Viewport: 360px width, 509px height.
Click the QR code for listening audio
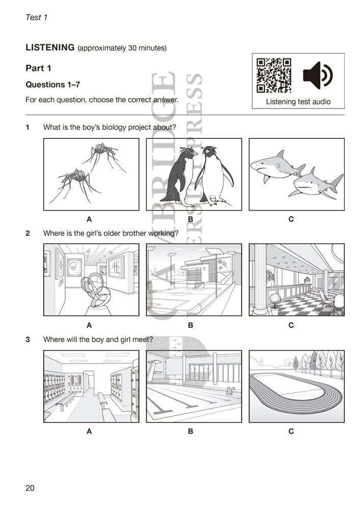pyautogui.click(x=273, y=76)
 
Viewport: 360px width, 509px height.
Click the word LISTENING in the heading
pyautogui.click(x=50, y=48)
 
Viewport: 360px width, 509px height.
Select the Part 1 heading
pyautogui.click(x=39, y=68)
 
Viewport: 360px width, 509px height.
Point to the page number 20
pyautogui.click(x=30, y=488)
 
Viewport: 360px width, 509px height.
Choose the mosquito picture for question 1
pyautogui.click(x=91, y=174)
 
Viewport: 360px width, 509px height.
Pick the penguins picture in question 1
pyautogui.click(x=193, y=174)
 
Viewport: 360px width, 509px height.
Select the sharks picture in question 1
pyautogui.click(x=296, y=174)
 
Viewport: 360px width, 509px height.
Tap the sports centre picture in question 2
pyautogui.click(x=193, y=279)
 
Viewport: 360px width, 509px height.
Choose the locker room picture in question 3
pyautogui.click(x=91, y=386)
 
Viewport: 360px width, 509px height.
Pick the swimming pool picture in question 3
pyautogui.click(x=193, y=386)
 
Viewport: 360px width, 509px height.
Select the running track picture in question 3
pyautogui.click(x=296, y=386)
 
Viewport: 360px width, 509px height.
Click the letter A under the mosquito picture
pyautogui.click(x=89, y=219)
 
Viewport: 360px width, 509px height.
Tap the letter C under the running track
pyautogui.click(x=291, y=431)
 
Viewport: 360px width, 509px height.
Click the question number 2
pyautogui.click(x=28, y=233)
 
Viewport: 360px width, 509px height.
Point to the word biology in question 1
pyautogui.click(x=111, y=127)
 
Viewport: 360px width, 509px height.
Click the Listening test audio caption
pyautogui.click(x=298, y=102)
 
